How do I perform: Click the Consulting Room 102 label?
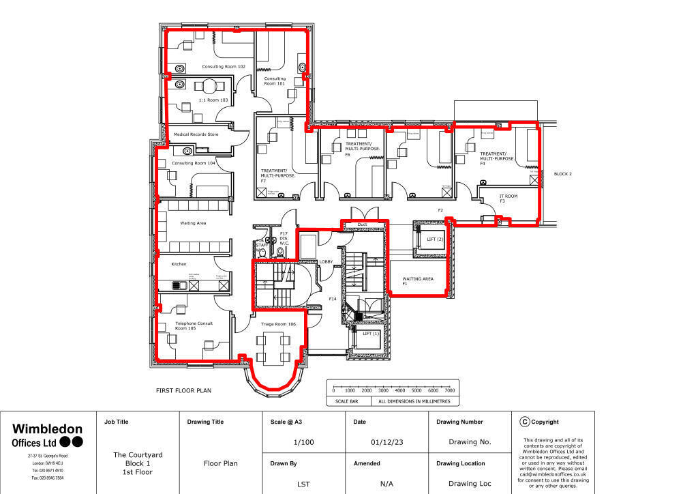[x=223, y=67]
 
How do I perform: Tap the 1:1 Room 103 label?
[x=212, y=100]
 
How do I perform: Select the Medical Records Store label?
[x=196, y=134]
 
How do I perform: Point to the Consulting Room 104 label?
[x=193, y=163]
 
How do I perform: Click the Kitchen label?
[x=179, y=264]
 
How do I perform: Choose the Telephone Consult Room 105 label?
[x=194, y=325]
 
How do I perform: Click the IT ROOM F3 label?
[x=508, y=198]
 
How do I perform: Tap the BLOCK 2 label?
[x=562, y=174]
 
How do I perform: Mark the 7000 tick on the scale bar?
[x=449, y=390]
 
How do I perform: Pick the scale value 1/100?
[x=303, y=442]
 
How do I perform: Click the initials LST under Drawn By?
[x=303, y=484]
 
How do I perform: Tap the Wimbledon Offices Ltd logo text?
[x=48, y=435]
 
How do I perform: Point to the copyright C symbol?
[x=524, y=422]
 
